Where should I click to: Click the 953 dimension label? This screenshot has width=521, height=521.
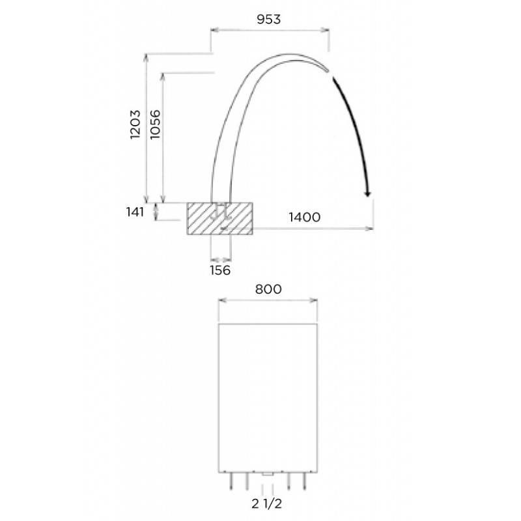(x=268, y=20)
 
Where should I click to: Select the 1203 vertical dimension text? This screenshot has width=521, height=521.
(x=135, y=124)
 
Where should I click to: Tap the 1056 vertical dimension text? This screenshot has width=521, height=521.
(x=155, y=124)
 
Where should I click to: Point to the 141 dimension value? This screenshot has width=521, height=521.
(x=135, y=212)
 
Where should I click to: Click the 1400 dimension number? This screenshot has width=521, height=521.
(x=305, y=217)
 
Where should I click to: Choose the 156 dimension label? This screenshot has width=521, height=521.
(x=220, y=270)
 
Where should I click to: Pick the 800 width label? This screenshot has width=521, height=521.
(x=268, y=289)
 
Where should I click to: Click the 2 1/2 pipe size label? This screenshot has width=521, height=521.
(x=266, y=503)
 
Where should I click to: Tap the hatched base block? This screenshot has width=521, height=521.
(x=219, y=218)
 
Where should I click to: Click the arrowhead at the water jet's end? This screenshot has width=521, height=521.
(x=367, y=193)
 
